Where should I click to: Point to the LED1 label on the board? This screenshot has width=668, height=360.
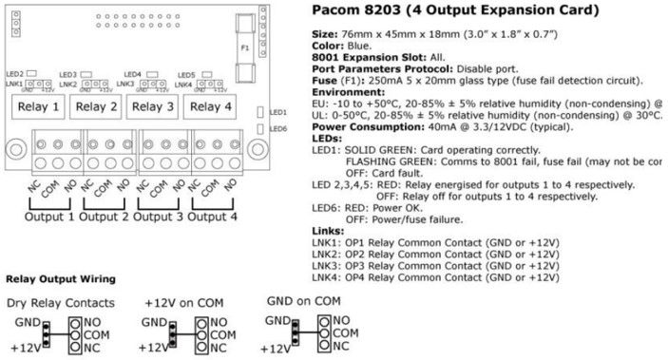point(277,111)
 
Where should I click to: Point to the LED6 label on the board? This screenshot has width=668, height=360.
point(277,128)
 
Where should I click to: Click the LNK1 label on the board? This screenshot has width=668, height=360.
point(12,85)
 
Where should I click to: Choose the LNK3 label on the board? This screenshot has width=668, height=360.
point(125,85)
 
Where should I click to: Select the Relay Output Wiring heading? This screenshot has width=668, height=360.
point(62,279)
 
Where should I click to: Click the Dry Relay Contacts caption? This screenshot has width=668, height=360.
point(59,303)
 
